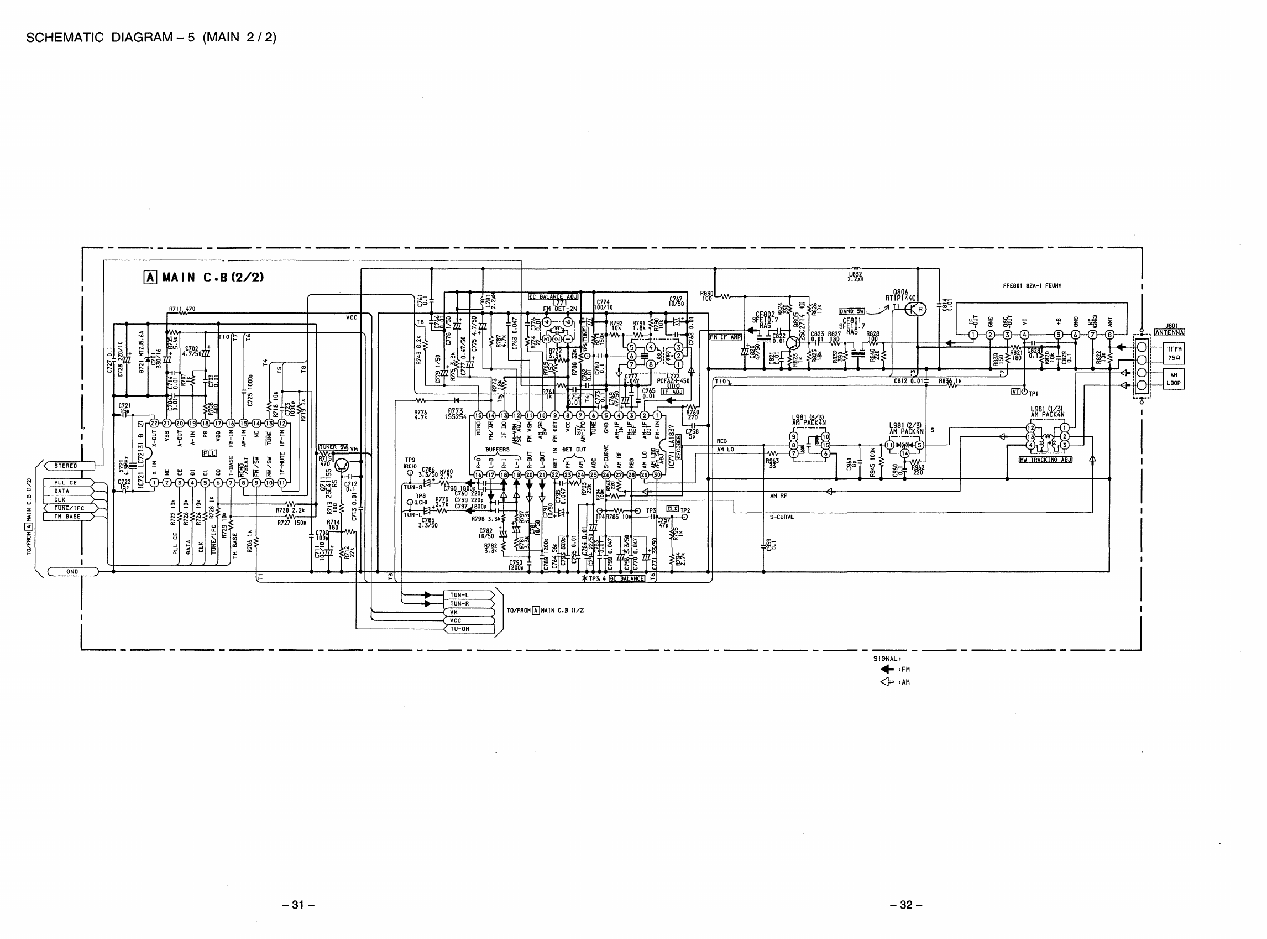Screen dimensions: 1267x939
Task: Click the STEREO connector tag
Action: [x=66, y=466]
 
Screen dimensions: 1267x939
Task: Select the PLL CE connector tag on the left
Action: [x=66, y=483]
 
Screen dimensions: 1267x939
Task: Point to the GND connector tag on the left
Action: [x=72, y=571]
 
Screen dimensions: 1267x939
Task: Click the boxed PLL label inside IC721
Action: [x=209, y=453]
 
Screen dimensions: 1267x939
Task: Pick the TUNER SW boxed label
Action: [x=333, y=447]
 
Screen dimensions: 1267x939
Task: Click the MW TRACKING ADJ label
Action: [x=1045, y=459]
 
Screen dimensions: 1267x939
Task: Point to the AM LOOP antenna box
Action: [x=1174, y=379]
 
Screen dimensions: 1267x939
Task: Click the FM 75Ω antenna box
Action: [x=1174, y=353]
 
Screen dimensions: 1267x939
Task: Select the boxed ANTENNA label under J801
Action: [x=1169, y=332]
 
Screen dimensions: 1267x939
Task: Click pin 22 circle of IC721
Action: [x=154, y=423]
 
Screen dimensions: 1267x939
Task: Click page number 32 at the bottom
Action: [x=905, y=904]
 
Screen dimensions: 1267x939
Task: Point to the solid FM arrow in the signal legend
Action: [x=886, y=670]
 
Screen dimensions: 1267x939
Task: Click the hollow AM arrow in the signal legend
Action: [x=886, y=682]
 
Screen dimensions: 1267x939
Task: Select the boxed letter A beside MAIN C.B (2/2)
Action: [x=150, y=278]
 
